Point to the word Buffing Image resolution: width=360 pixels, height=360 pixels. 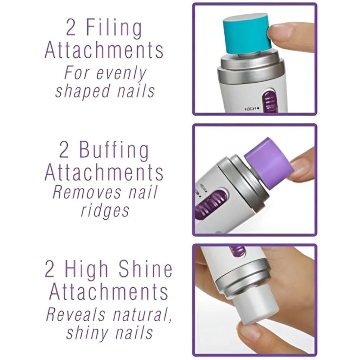(114, 151)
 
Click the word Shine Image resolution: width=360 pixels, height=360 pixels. (145, 270)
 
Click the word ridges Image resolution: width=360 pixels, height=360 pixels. (105, 211)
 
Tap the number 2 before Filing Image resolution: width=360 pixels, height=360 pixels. (71, 28)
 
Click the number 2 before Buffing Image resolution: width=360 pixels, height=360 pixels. (64, 151)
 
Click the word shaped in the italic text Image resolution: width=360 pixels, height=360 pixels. (78, 91)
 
